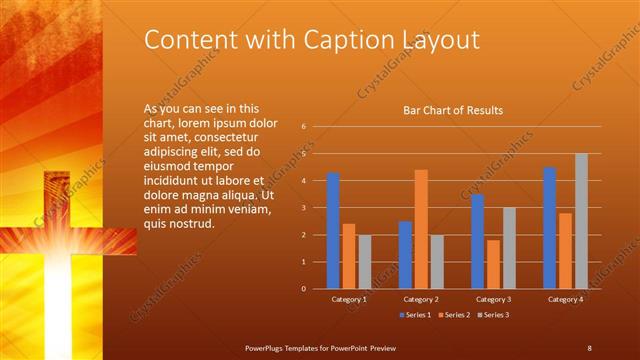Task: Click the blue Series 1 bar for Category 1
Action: [x=333, y=231]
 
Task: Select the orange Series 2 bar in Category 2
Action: [x=421, y=229]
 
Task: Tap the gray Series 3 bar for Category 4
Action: [x=581, y=221]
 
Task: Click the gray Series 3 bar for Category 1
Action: [x=365, y=262]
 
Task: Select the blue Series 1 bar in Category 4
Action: [x=549, y=228]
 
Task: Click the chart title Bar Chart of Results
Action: [x=452, y=110]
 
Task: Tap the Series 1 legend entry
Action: [x=416, y=315]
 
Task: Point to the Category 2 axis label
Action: [x=421, y=299]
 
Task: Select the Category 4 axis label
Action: [x=565, y=299]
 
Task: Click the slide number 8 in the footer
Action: [x=589, y=347]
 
